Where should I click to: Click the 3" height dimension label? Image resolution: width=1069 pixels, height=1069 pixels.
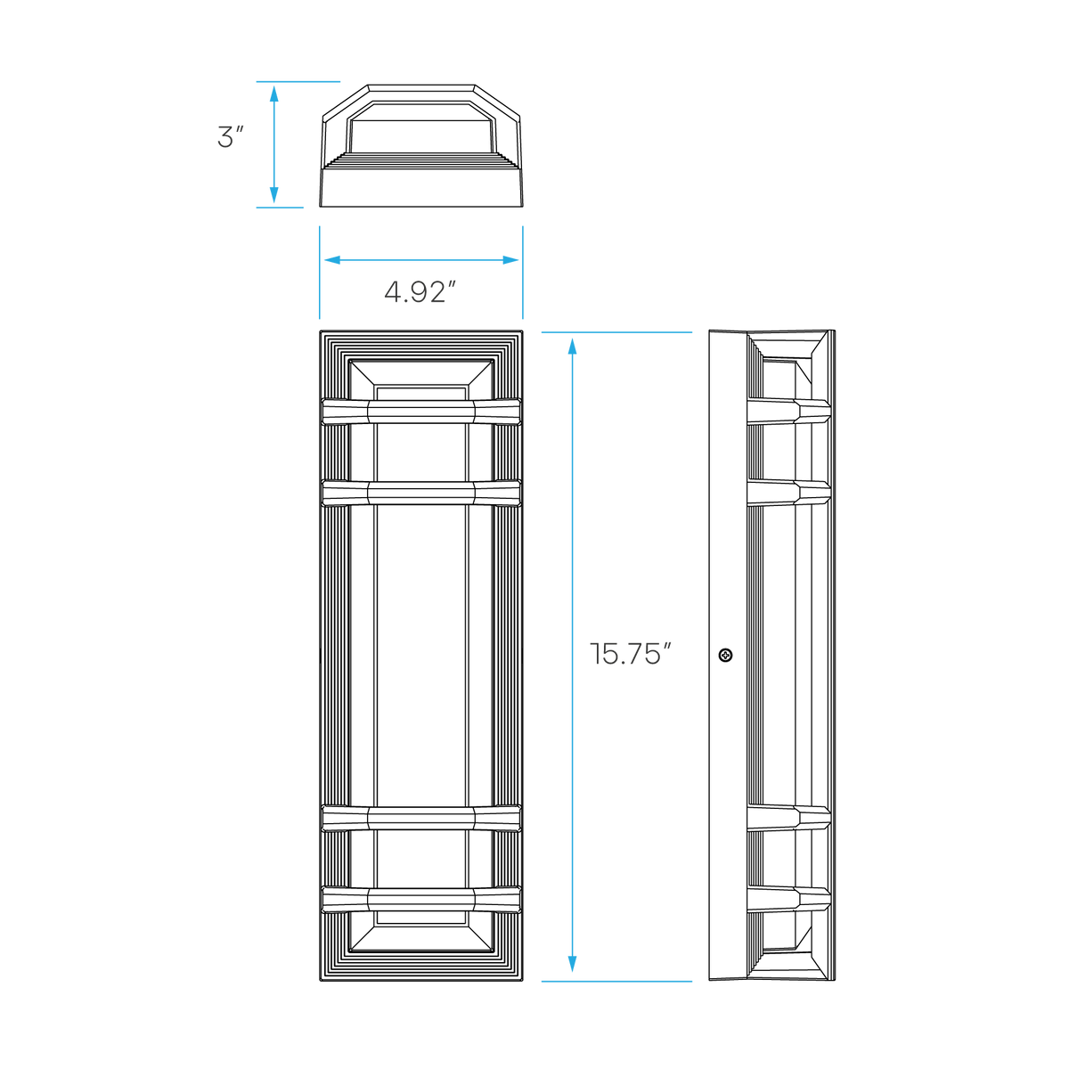click(x=230, y=137)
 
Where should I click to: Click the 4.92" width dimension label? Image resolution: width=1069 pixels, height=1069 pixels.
click(x=420, y=292)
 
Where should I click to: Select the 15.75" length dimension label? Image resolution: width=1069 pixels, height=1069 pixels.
click(x=630, y=654)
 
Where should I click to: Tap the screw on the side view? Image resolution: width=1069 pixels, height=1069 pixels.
click(x=725, y=655)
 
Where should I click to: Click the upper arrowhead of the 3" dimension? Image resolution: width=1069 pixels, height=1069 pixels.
click(x=273, y=94)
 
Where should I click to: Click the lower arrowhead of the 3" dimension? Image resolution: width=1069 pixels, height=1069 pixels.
click(x=273, y=195)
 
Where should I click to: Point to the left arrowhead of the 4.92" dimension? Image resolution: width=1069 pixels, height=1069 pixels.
click(x=332, y=259)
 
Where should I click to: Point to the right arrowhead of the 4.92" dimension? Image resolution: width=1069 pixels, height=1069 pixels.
click(x=510, y=259)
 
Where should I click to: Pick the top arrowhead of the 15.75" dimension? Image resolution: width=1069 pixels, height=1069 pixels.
click(x=573, y=347)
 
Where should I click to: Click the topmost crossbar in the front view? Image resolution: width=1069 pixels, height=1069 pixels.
click(x=421, y=411)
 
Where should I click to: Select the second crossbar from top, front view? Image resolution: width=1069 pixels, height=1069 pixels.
click(x=421, y=493)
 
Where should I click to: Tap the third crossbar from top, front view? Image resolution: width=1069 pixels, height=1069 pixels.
click(x=421, y=819)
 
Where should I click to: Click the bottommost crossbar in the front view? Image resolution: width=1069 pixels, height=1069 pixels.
click(x=421, y=900)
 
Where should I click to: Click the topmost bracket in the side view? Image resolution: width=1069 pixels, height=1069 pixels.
click(x=789, y=411)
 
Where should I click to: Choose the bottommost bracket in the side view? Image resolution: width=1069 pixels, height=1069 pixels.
click(x=789, y=900)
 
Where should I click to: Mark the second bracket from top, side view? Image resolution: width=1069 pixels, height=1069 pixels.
click(x=789, y=493)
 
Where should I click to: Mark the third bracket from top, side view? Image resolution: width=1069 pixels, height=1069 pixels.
click(x=789, y=819)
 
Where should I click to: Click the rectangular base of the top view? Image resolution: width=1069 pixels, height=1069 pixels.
click(x=421, y=187)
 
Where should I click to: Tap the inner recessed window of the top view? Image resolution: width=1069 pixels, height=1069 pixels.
click(x=420, y=127)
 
